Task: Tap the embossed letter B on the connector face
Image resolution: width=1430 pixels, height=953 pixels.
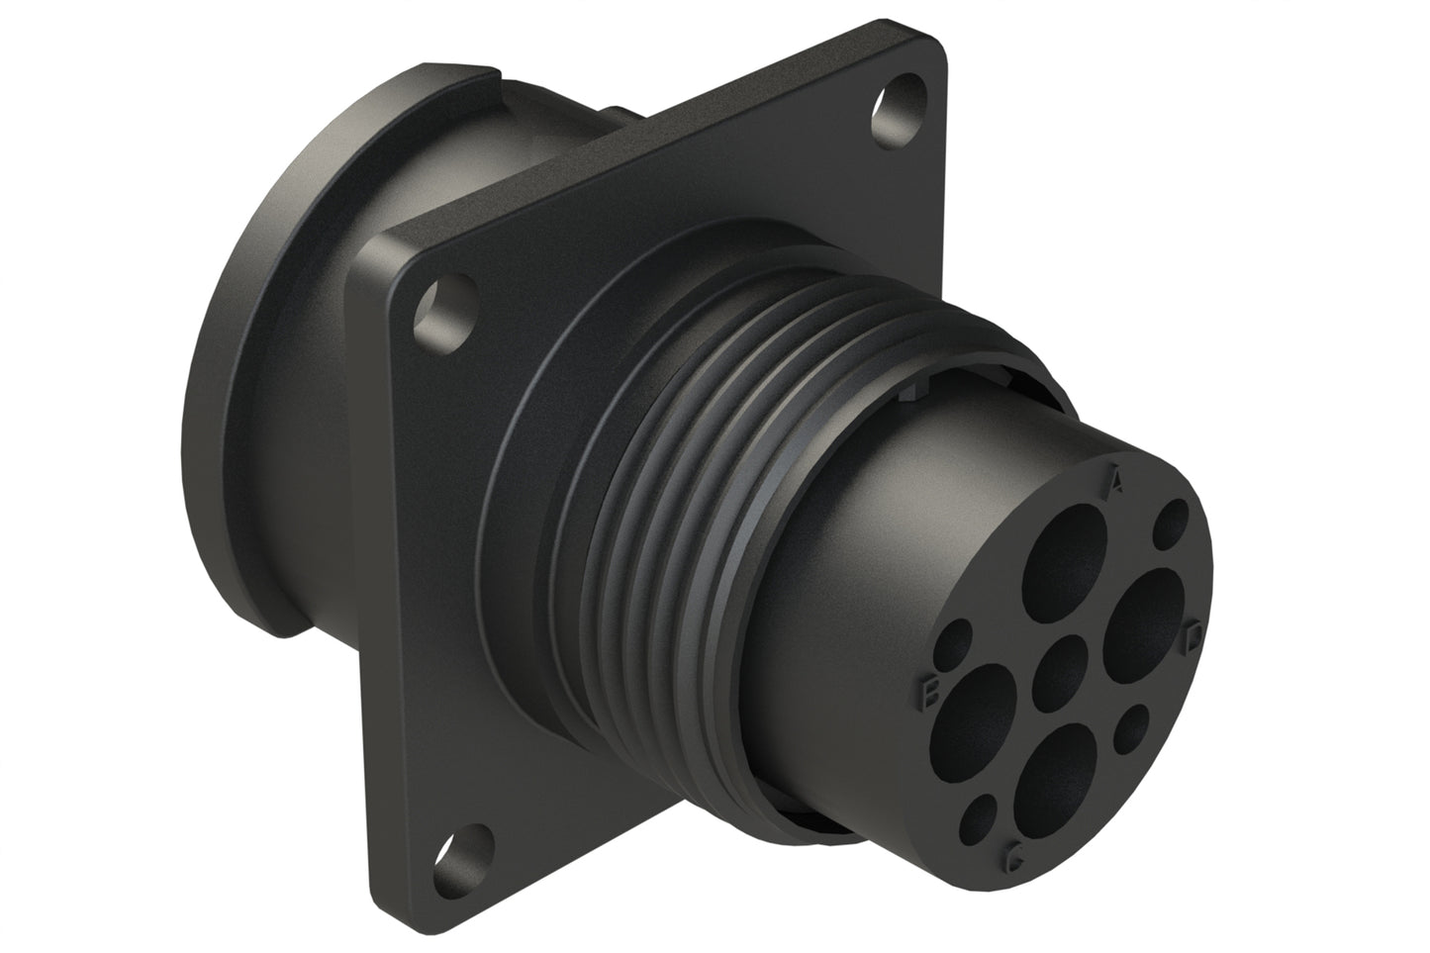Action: click(929, 692)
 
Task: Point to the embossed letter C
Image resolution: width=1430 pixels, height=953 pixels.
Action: click(1012, 855)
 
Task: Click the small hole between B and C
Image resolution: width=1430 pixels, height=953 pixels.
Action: click(982, 813)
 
